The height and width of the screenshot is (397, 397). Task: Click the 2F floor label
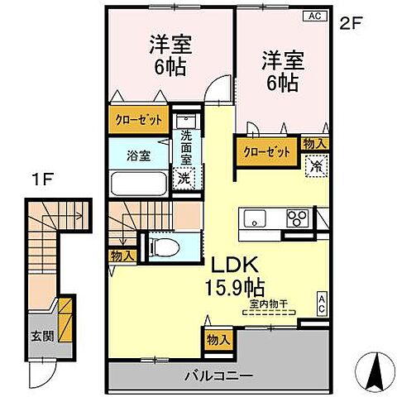pos(351,23)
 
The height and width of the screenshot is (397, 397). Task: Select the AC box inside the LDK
pos(322,302)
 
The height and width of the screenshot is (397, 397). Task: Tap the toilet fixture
pos(164,245)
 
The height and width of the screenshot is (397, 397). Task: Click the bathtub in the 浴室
pos(136,183)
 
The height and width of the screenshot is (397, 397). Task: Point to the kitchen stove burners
pos(296,218)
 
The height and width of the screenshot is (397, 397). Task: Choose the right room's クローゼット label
pos(267,151)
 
